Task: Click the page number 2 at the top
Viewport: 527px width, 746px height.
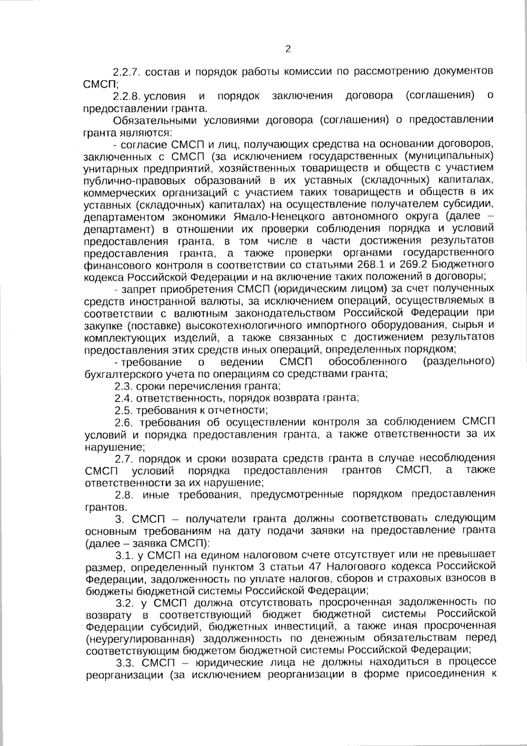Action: click(288, 49)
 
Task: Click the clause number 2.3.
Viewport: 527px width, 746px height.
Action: click(123, 386)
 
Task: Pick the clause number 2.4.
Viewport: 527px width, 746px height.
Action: click(123, 398)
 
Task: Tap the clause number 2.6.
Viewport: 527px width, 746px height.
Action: click(124, 423)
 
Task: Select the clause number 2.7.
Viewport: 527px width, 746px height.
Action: click(124, 459)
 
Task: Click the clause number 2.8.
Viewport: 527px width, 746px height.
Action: click(124, 495)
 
